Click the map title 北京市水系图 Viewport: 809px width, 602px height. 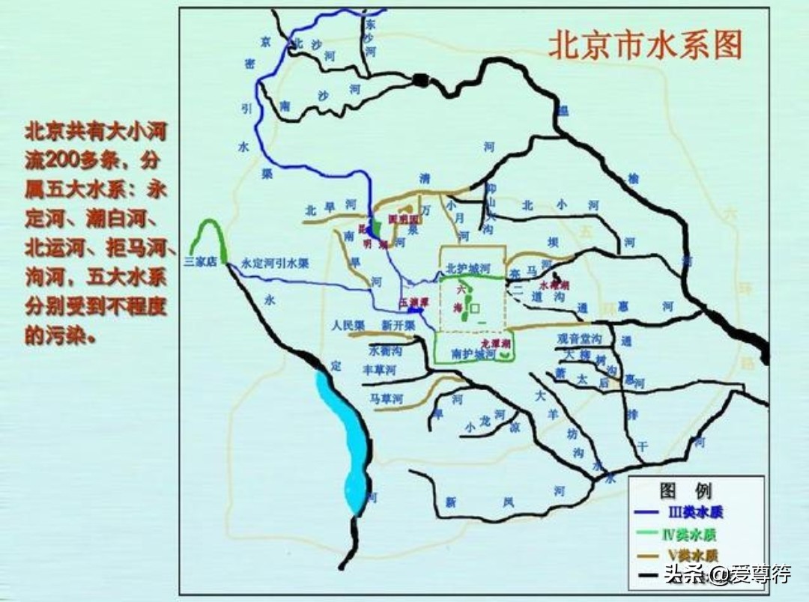coord(645,45)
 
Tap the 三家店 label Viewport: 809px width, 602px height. coord(199,262)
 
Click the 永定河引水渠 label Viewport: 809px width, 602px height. coord(275,264)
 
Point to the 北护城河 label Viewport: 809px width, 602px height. coord(467,267)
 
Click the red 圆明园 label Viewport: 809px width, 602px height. coord(402,219)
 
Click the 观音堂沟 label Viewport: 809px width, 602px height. coord(578,338)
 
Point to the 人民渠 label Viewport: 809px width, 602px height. coord(348,326)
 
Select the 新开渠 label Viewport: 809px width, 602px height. coord(398,326)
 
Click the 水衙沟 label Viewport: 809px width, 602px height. coord(386,350)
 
